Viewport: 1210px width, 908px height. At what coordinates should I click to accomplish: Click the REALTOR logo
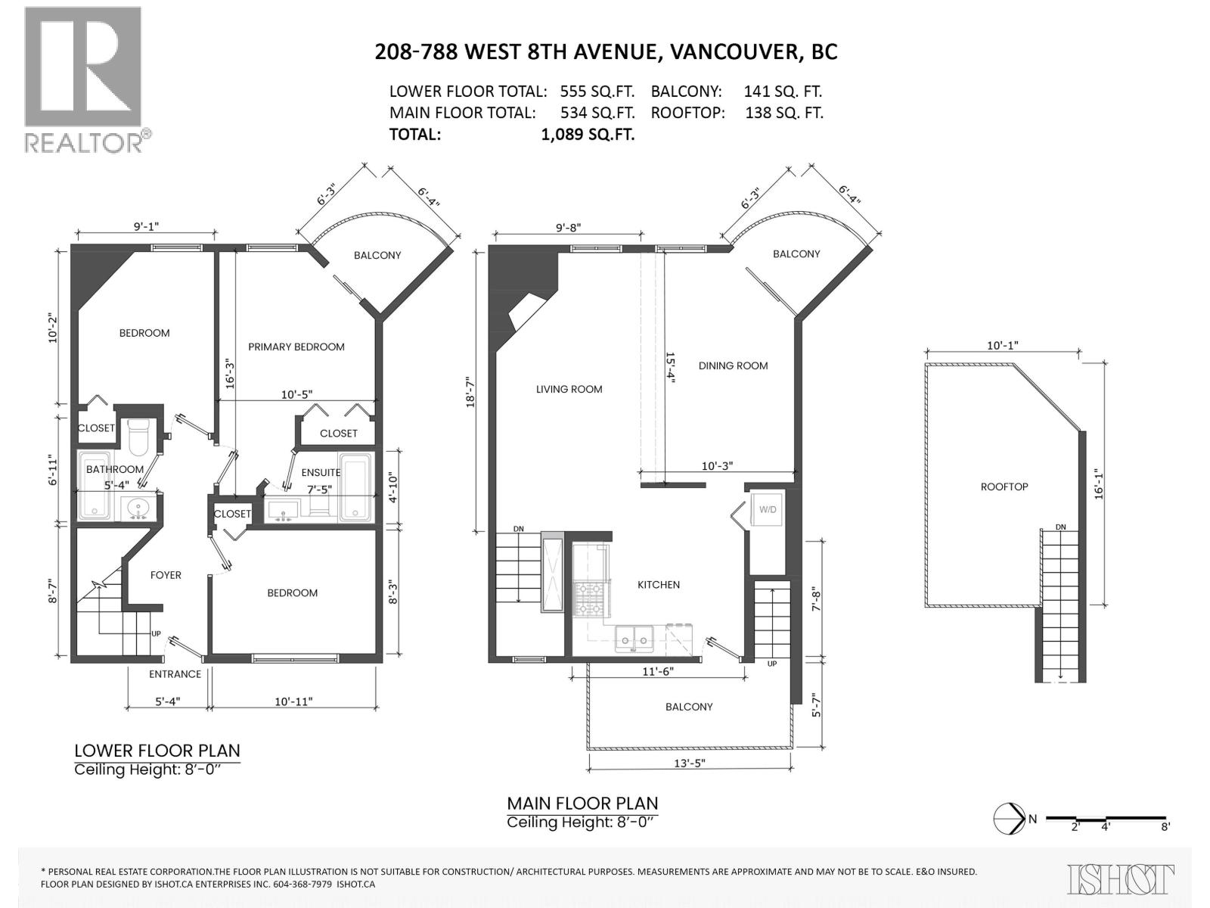tap(83, 79)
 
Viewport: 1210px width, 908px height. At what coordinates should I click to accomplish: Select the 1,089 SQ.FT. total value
tap(583, 135)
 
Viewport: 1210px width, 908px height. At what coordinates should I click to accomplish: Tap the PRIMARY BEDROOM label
tap(296, 347)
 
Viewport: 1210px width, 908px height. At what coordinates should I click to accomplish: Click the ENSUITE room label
tap(321, 472)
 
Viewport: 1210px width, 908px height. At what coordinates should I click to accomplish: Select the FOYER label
tap(166, 575)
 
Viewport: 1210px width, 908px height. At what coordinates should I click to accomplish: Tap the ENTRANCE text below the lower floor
tap(175, 673)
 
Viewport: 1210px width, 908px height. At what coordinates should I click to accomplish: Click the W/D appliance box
tap(768, 510)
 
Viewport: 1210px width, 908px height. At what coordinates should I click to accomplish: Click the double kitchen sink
tap(634, 639)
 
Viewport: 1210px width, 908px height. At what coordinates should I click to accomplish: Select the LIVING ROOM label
tap(569, 389)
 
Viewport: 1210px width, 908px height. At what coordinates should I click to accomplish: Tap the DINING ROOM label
tap(732, 365)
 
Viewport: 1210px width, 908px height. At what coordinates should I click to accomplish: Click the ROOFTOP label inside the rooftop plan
tap(1004, 487)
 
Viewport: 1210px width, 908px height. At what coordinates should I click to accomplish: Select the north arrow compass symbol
tap(1009, 818)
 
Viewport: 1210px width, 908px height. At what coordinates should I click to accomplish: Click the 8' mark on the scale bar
tap(1165, 827)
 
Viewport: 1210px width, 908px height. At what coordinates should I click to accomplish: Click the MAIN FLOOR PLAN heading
tap(582, 803)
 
